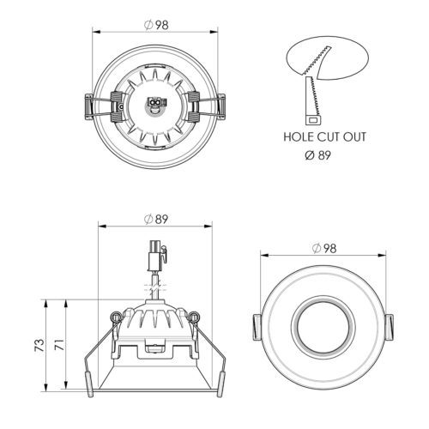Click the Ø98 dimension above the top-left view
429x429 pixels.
click(156, 25)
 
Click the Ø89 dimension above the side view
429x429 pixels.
click(156, 220)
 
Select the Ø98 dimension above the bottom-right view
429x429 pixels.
click(324, 248)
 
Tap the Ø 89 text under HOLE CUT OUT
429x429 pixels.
click(318, 155)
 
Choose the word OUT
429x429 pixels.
click(354, 137)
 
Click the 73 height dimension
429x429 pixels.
click(39, 345)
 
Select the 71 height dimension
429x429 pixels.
click(59, 345)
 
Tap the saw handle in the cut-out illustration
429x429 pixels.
click(313, 119)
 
